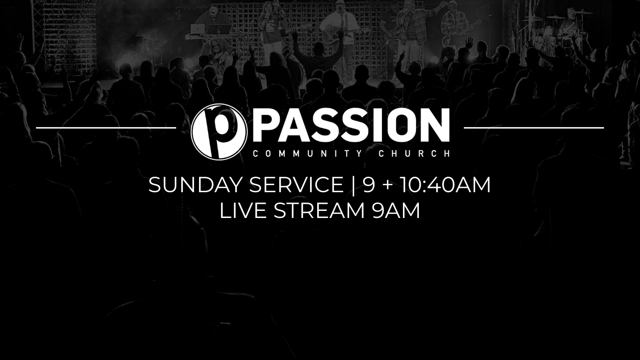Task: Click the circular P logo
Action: pyautogui.click(x=219, y=132)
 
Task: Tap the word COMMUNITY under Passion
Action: pyautogui.click(x=304, y=154)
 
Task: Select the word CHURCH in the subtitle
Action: pyautogui.click(x=414, y=154)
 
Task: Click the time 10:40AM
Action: pyautogui.click(x=445, y=185)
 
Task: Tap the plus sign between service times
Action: pyautogui.click(x=387, y=186)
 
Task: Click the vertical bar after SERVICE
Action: pyautogui.click(x=354, y=186)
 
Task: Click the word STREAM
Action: pyautogui.click(x=319, y=210)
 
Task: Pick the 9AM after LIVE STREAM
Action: pyautogui.click(x=396, y=210)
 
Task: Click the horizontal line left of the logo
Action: pyautogui.click(x=106, y=128)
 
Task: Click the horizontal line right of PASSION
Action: pyautogui.click(x=534, y=128)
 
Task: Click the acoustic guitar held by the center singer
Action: pyautogui.click(x=337, y=35)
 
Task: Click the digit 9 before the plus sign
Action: pyautogui.click(x=369, y=185)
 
